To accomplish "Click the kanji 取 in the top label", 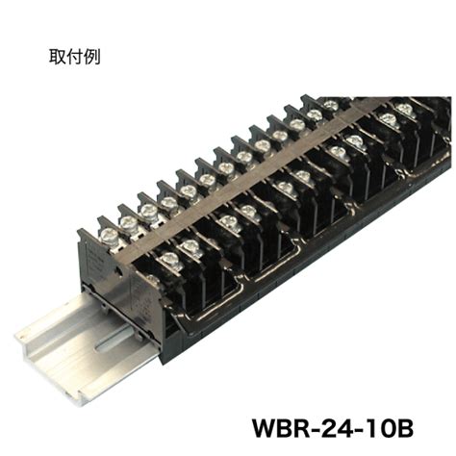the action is click(x=57, y=57).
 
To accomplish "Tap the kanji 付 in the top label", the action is click(x=74, y=57).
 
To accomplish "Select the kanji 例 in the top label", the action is click(x=91, y=57).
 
